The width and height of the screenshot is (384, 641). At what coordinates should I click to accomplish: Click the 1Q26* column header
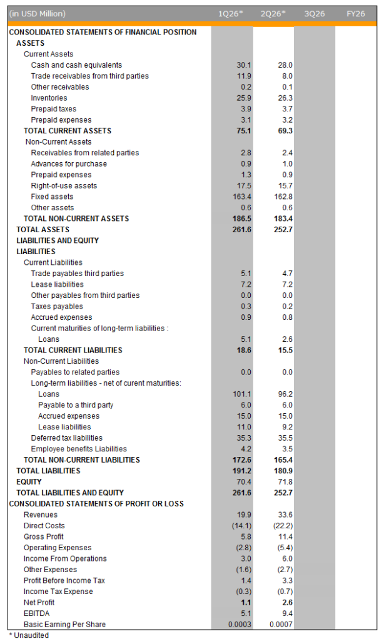pyautogui.click(x=230, y=14)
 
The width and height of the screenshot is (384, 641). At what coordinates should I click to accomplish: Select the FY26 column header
pyautogui.click(x=355, y=14)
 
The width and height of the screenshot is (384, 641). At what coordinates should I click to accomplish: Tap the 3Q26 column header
pyautogui.click(x=315, y=14)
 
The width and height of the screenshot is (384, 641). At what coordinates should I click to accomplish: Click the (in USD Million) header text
pyautogui.click(x=37, y=14)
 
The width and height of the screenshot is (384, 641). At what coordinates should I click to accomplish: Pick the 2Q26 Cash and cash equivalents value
pyautogui.click(x=285, y=65)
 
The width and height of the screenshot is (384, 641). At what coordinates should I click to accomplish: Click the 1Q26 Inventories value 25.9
pyautogui.click(x=244, y=98)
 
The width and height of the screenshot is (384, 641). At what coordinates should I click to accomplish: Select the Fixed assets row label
pyautogui.click(x=53, y=197)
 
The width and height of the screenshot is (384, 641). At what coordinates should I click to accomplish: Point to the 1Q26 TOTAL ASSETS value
pyautogui.click(x=242, y=230)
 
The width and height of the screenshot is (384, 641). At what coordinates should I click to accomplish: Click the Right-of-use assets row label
pyautogui.click(x=64, y=185)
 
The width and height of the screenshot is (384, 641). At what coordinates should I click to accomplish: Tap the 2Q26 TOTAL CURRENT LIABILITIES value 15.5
pyautogui.click(x=285, y=351)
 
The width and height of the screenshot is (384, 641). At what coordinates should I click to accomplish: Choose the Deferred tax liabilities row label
pyautogui.click(x=66, y=438)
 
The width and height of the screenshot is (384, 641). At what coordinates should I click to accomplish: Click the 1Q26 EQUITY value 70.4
pyautogui.click(x=244, y=482)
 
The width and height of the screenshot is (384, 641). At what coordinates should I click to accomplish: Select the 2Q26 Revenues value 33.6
pyautogui.click(x=285, y=515)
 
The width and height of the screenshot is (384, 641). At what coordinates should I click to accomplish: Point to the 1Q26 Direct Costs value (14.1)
pyautogui.click(x=242, y=526)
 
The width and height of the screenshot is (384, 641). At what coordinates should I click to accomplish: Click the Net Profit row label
pyautogui.click(x=39, y=603)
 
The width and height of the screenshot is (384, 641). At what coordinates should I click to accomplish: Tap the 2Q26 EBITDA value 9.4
pyautogui.click(x=287, y=613)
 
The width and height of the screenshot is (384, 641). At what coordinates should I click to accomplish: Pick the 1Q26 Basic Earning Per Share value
pyautogui.click(x=240, y=624)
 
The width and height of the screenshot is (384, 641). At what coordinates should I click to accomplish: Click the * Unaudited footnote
pyautogui.click(x=29, y=635)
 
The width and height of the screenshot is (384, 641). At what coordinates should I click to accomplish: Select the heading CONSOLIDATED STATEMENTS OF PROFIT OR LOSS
pyautogui.click(x=96, y=504)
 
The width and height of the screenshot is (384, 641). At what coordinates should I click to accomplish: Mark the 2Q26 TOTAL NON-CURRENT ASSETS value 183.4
pyautogui.click(x=283, y=218)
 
